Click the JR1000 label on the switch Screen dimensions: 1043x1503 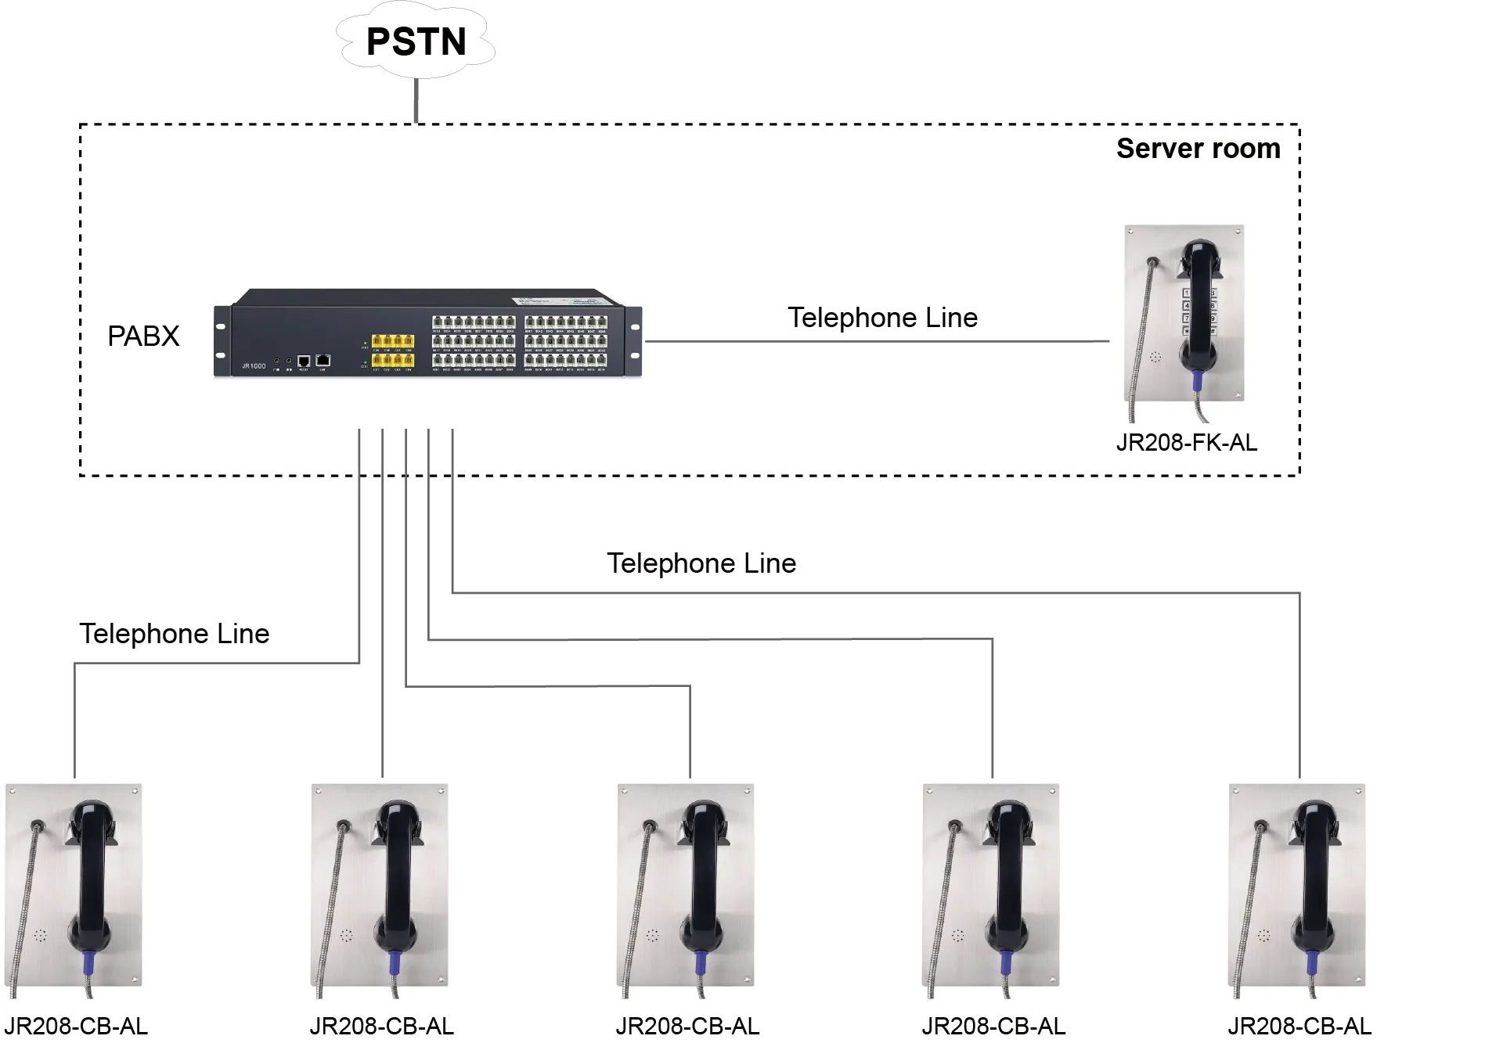(x=253, y=365)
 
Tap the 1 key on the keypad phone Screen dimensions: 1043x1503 (x=1187, y=293)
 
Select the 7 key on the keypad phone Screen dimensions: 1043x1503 (x=1187, y=318)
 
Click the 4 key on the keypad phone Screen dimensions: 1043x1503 (x=1187, y=306)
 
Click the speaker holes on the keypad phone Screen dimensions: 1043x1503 (x=1155, y=357)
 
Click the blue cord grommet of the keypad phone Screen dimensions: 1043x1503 (x=1197, y=381)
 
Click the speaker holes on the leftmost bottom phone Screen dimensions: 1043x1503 (x=40, y=935)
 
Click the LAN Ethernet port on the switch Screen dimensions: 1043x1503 (x=323, y=360)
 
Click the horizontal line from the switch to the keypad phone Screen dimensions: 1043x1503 (x=877, y=341)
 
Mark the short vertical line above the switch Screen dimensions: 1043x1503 (x=416, y=100)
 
